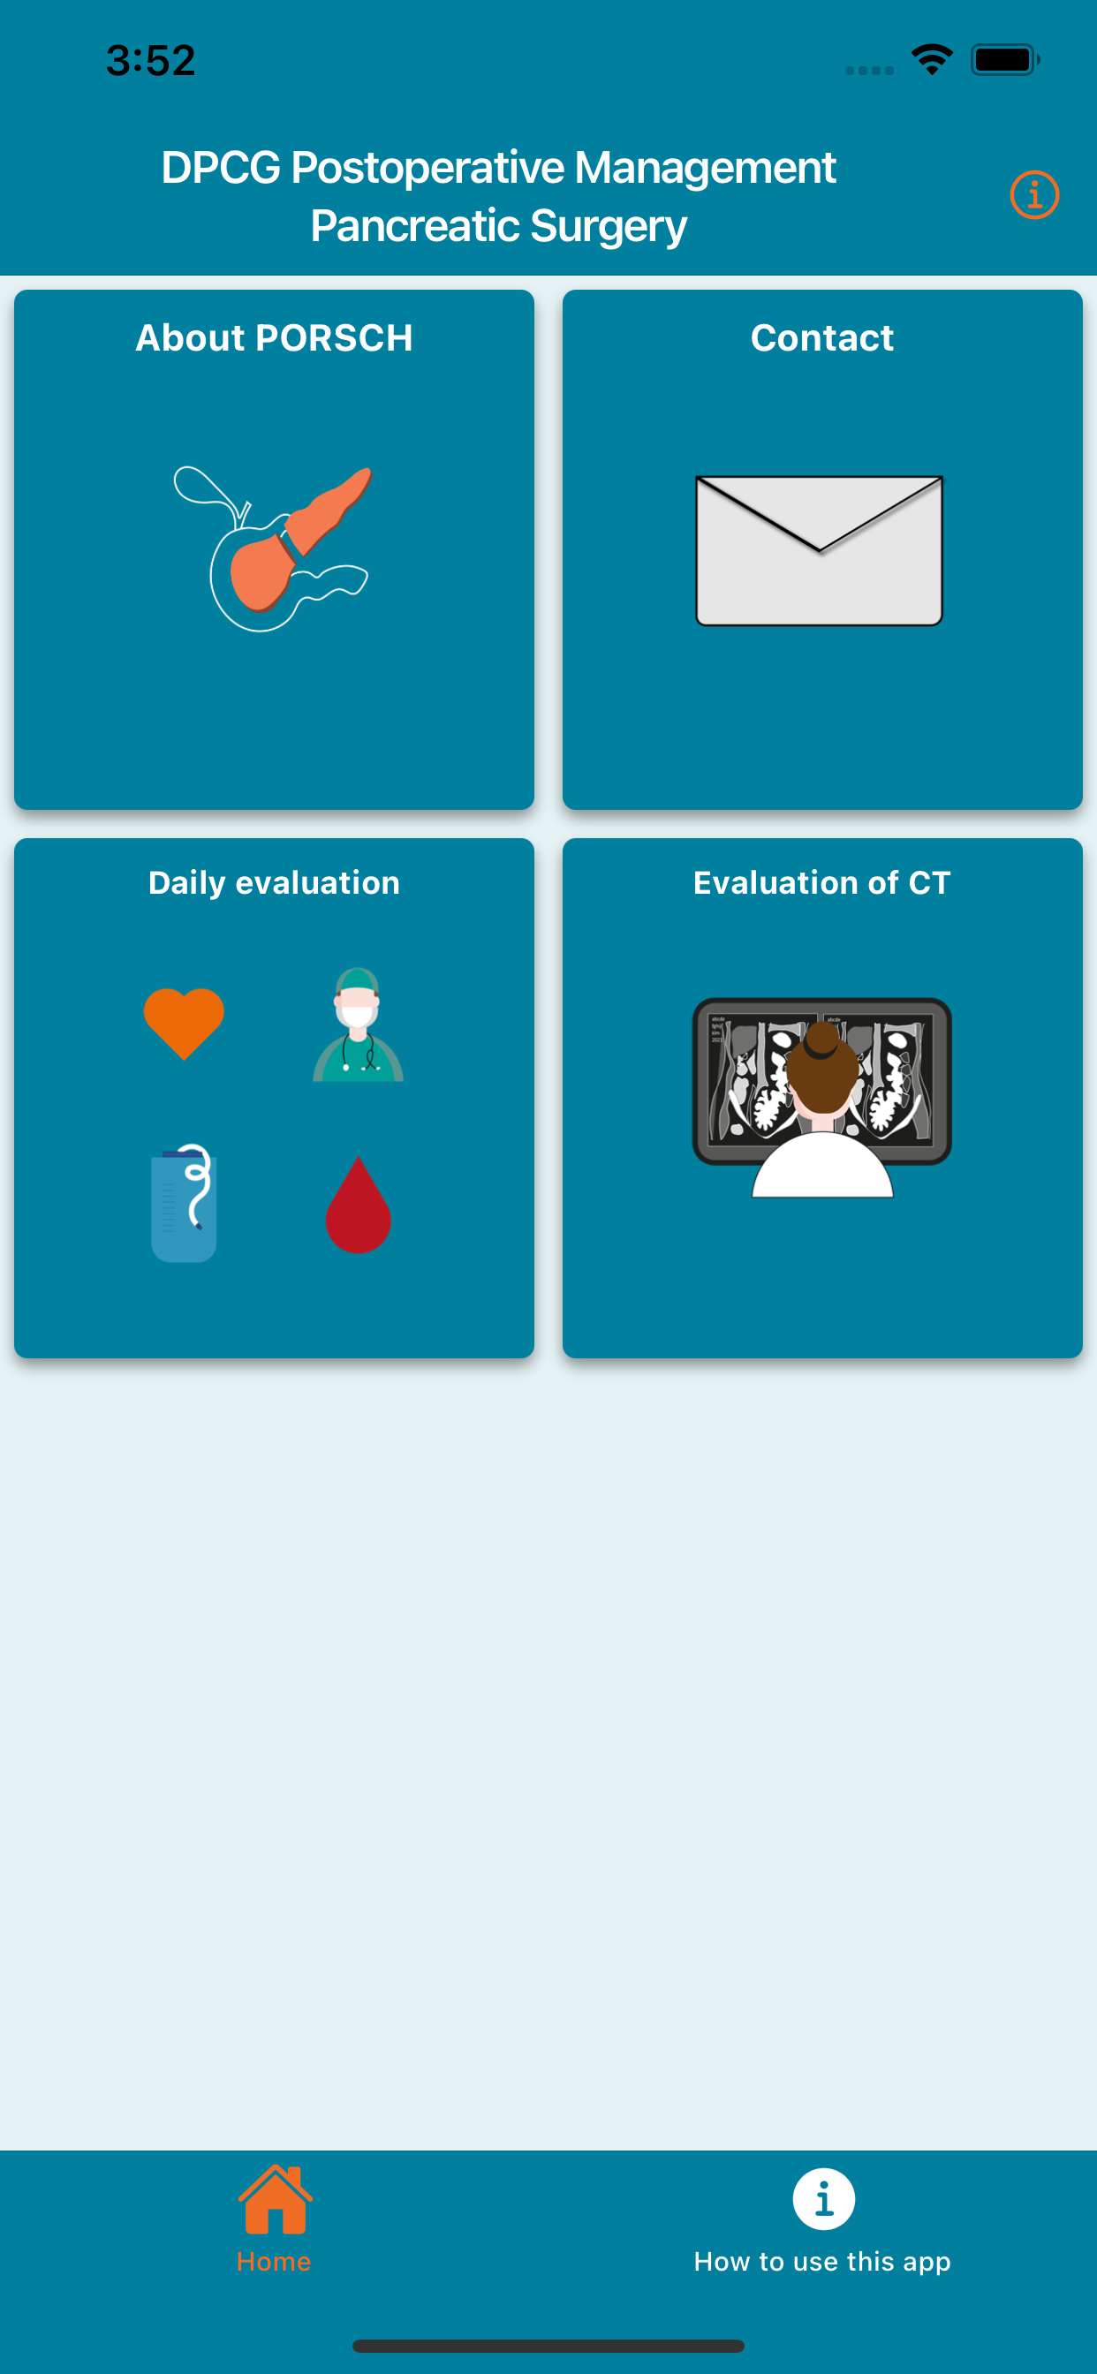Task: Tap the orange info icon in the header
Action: point(1034,195)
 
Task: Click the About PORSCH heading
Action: point(274,338)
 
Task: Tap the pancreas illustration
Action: point(274,548)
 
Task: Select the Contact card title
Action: point(822,338)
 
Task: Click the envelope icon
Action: point(820,550)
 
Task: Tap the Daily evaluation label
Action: point(274,883)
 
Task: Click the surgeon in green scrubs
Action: point(358,1024)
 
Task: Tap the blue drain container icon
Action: point(184,1203)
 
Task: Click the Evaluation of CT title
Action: point(822,883)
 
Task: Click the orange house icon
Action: point(275,2199)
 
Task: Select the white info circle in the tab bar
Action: point(823,2199)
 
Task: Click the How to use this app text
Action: point(822,2262)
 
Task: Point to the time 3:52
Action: point(151,61)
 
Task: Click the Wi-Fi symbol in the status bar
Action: point(932,60)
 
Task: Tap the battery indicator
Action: point(1005,60)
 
